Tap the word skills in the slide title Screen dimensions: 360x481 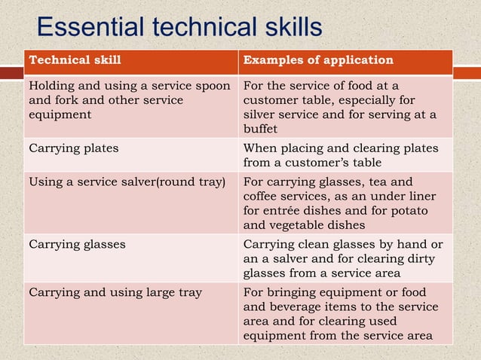284,28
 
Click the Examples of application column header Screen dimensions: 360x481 318,59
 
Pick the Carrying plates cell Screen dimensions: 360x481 73,148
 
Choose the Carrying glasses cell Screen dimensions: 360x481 77,244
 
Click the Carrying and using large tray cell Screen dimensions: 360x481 115,292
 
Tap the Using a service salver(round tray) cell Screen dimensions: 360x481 127,181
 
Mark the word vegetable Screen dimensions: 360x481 298,224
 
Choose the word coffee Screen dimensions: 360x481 262,196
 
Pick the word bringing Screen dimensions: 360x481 293,292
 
